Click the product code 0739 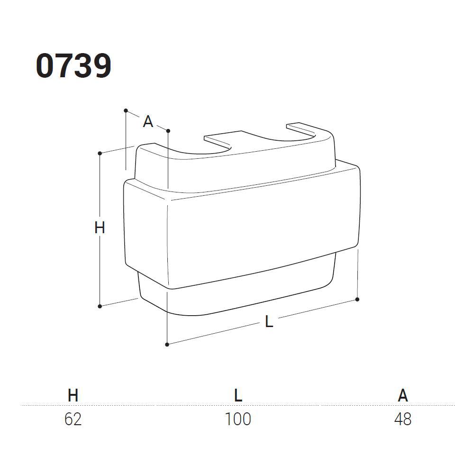tap(73, 66)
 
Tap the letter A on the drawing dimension tap(148, 121)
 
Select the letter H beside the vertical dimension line tap(100, 228)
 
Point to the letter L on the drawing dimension tap(269, 321)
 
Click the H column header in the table tap(73, 395)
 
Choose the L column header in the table tap(238, 395)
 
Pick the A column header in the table tap(402, 395)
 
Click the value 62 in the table tap(73, 419)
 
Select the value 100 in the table tap(238, 419)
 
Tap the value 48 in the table tap(403, 419)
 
